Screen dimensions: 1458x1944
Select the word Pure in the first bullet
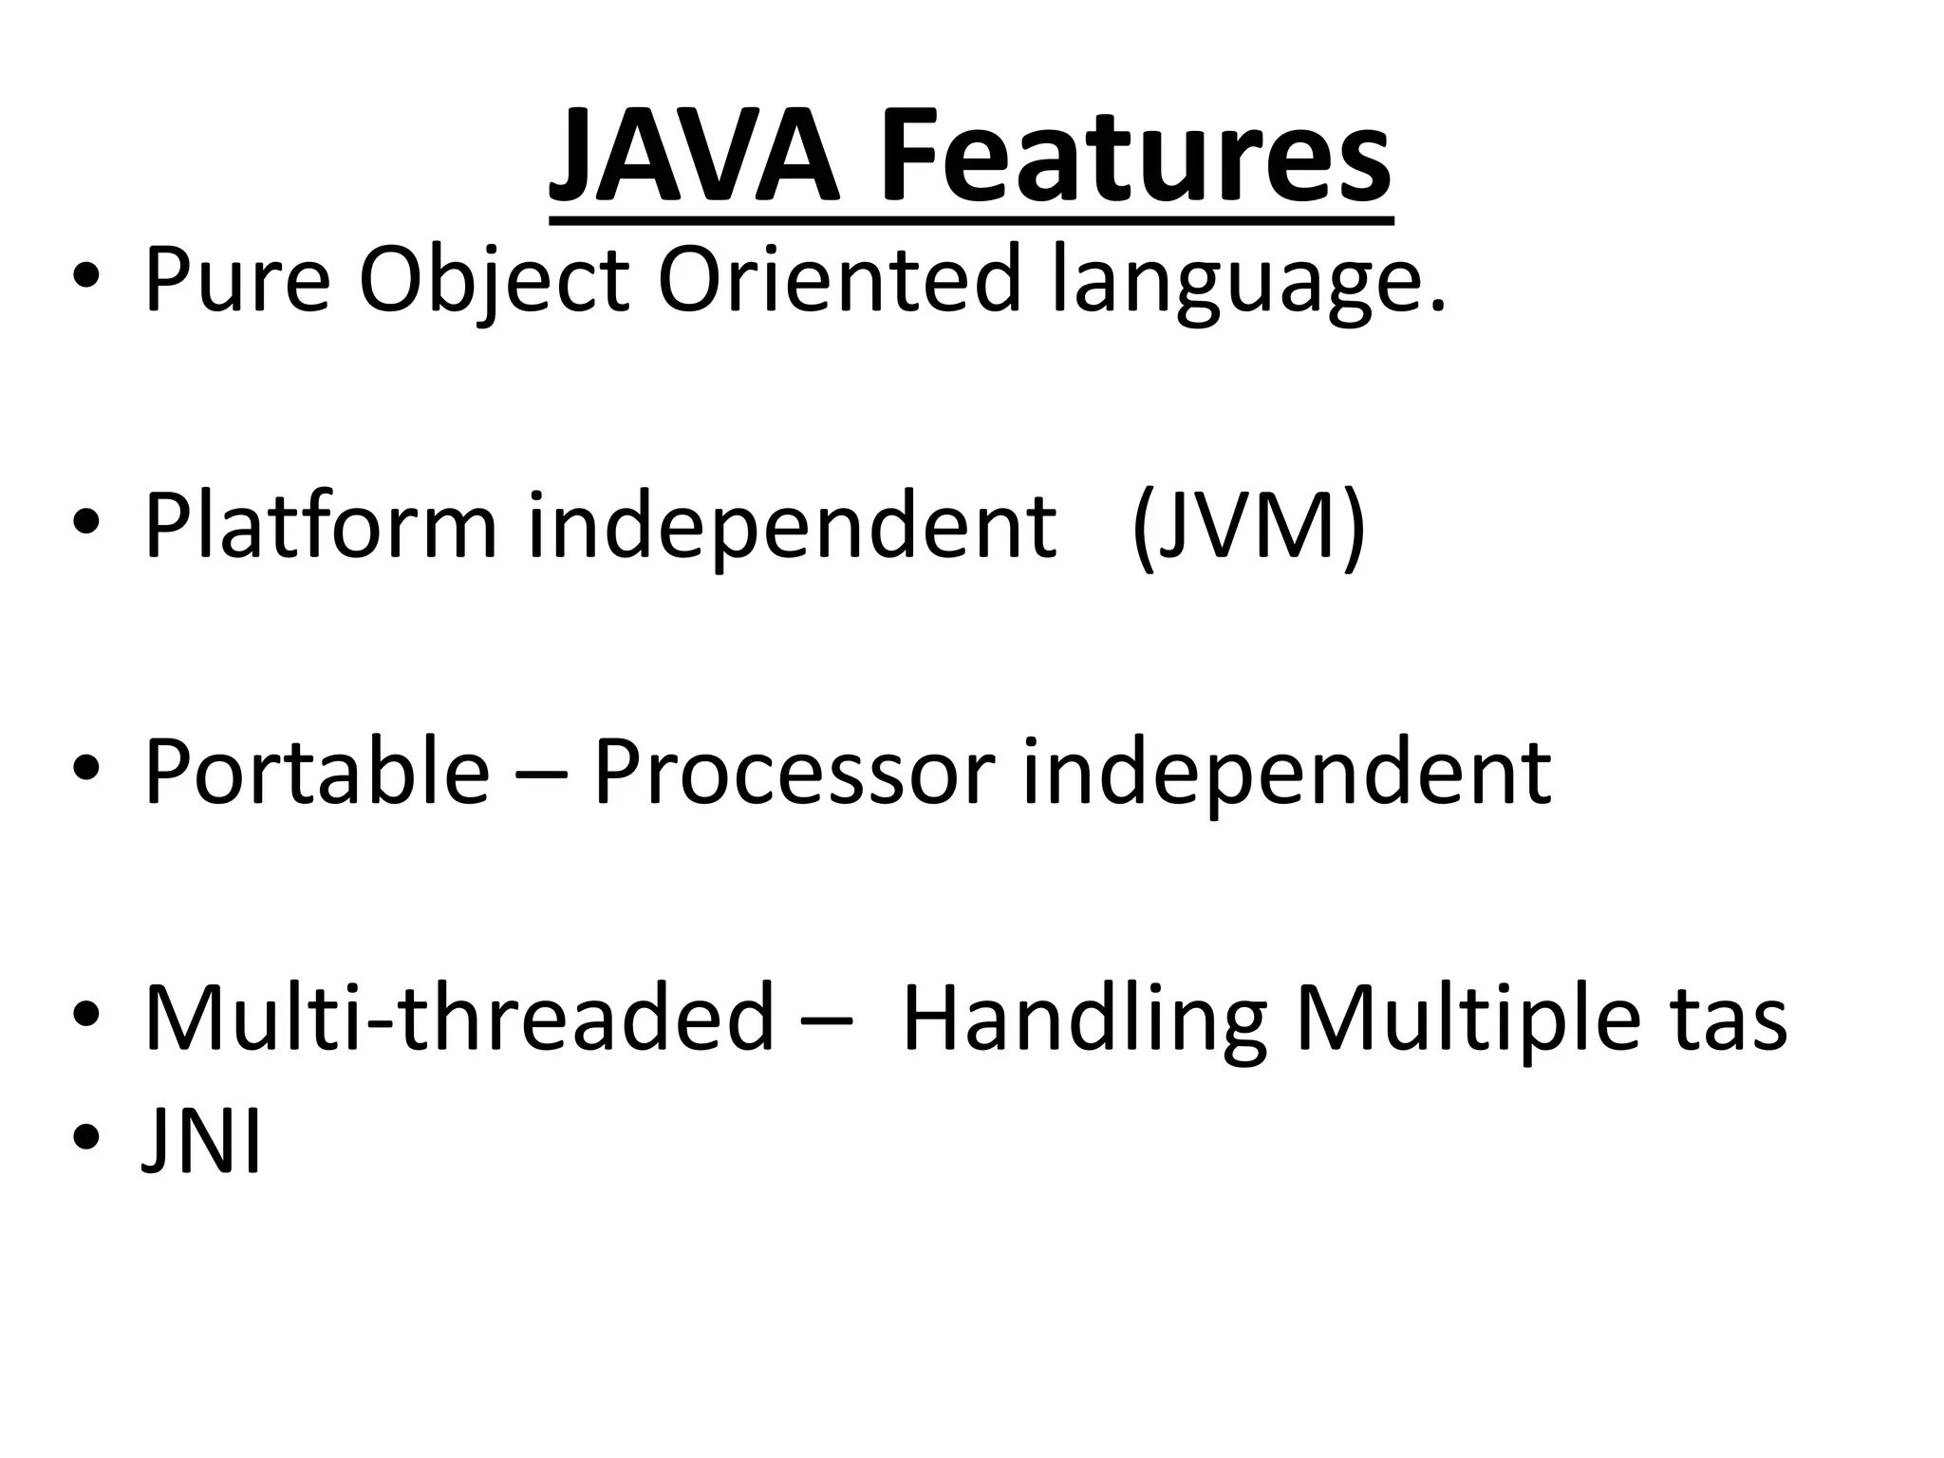tap(236, 280)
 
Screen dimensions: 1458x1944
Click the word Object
tap(494, 280)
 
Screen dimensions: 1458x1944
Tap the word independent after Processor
tap(1286, 773)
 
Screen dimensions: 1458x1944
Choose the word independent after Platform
tap(792, 527)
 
